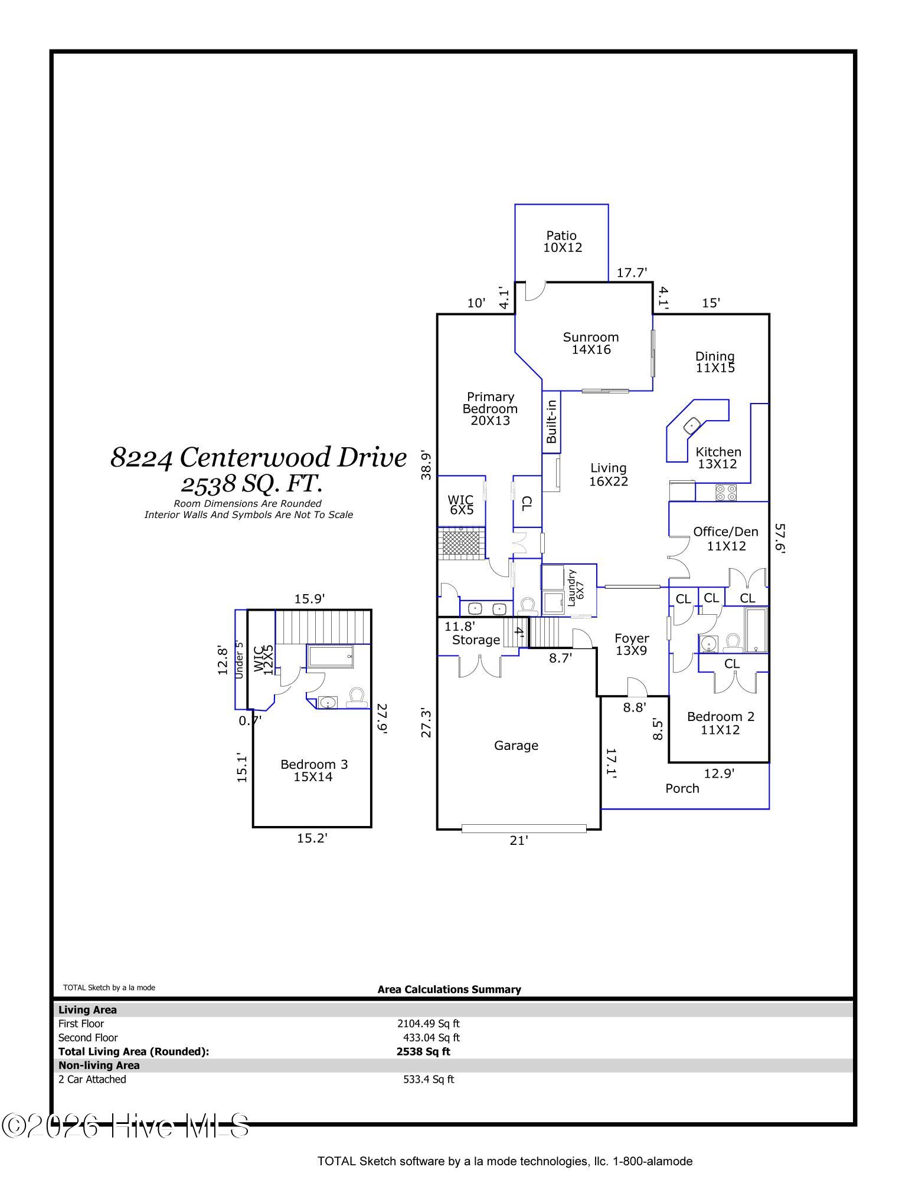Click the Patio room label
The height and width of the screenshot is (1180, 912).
pyautogui.click(x=561, y=236)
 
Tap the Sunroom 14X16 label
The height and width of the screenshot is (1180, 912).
pyautogui.click(x=590, y=343)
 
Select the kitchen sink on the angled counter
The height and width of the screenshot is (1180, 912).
pyautogui.click(x=691, y=424)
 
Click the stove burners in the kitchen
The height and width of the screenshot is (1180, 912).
pyautogui.click(x=726, y=492)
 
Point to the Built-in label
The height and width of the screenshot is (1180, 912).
pyautogui.click(x=551, y=421)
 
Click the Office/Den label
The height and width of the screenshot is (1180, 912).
pyautogui.click(x=725, y=532)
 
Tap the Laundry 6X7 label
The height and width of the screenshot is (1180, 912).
pyautogui.click(x=575, y=588)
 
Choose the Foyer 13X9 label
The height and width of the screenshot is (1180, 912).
pyautogui.click(x=632, y=644)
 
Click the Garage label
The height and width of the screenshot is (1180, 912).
pyautogui.click(x=516, y=746)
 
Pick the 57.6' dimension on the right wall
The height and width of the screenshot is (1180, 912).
pyautogui.click(x=780, y=538)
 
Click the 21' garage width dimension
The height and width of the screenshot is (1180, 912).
pyautogui.click(x=518, y=840)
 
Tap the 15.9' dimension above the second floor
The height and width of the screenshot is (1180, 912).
pyautogui.click(x=309, y=599)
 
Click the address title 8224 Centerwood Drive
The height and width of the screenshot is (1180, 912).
pyautogui.click(x=259, y=457)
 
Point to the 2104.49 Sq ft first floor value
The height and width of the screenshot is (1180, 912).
pyautogui.click(x=428, y=1024)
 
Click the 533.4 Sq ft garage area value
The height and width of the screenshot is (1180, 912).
pyautogui.click(x=429, y=1080)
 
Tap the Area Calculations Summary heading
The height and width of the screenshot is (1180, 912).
pyautogui.click(x=449, y=989)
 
